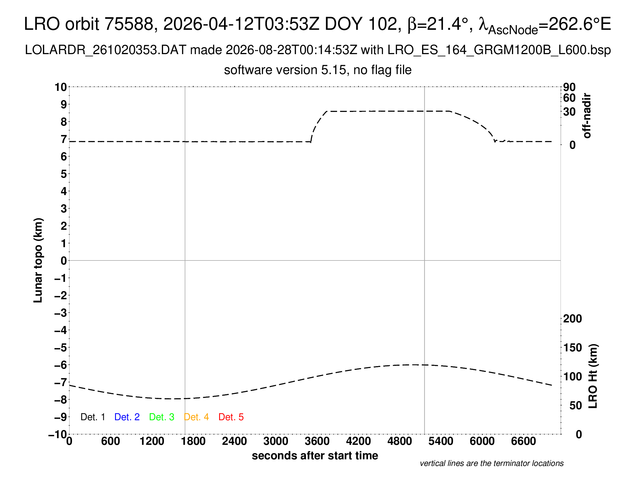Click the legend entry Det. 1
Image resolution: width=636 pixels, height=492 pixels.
pos(93,417)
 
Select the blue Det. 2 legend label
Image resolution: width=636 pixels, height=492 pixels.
pos(127,417)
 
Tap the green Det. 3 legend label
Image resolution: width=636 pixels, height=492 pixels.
pos(162,417)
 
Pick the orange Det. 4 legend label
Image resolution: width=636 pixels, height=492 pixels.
pos(196,417)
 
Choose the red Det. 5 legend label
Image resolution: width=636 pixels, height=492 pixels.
pos(231,417)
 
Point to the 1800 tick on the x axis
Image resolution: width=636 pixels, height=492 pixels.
pos(193,441)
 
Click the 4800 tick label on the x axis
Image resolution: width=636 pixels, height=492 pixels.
pos(400,441)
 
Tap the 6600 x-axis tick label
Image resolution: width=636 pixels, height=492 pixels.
pos(524,441)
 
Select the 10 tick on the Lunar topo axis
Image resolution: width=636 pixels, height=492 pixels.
pos(61,87)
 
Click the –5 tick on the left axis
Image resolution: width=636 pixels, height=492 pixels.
pos(61,347)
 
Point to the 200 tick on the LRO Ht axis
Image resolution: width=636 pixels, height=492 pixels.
pos(572,319)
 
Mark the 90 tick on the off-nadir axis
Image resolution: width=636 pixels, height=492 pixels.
pos(569,87)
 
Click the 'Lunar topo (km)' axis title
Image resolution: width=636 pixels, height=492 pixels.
pos(38,260)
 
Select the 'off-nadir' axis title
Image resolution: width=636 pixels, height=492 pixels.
pos(587,115)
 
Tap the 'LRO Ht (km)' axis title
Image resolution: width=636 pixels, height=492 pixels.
pos(593,376)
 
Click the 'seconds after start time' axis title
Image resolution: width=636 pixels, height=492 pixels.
pos(315,456)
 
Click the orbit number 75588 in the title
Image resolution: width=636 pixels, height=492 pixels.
pos(129,24)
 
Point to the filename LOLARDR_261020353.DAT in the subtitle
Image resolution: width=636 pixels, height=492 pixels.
pos(106,50)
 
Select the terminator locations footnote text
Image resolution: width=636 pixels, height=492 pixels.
pos(491,463)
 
